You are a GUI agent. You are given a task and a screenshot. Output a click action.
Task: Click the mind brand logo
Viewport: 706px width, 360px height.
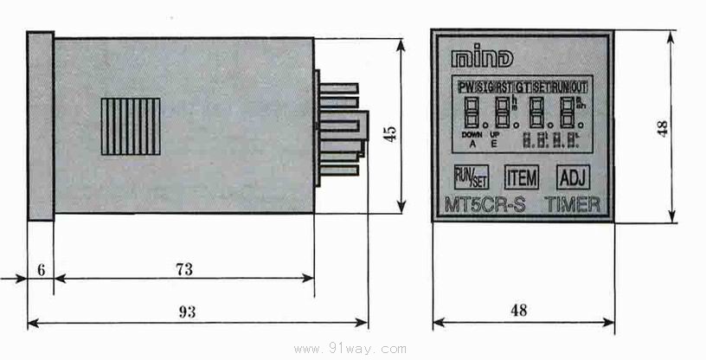[x=482, y=59]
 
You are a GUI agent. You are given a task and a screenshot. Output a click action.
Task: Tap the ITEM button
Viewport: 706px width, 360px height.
[x=522, y=178]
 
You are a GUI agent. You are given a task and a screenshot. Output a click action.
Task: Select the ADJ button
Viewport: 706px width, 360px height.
[x=573, y=178]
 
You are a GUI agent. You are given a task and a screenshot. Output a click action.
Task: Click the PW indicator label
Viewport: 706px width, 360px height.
[x=467, y=87]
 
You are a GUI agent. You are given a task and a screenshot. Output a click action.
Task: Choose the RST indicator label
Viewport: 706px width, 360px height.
[x=504, y=87]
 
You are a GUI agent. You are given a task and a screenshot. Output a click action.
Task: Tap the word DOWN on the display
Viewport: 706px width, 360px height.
[x=472, y=136]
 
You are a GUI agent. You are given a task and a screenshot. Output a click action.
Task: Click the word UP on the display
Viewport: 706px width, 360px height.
[x=496, y=136]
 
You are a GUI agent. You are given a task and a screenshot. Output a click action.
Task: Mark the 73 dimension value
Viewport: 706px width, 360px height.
[x=183, y=269]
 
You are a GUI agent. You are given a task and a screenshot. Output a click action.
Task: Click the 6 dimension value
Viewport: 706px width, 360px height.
[x=41, y=269]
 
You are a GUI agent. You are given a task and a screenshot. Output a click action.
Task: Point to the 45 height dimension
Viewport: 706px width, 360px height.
[x=390, y=133]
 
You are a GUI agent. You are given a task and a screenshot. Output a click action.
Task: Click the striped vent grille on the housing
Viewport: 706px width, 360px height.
[x=131, y=125]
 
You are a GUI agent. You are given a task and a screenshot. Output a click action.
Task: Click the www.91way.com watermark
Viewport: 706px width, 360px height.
[x=350, y=350]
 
